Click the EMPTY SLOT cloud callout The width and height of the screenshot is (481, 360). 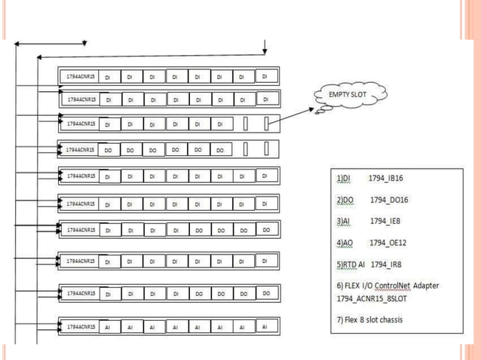coord(346,96)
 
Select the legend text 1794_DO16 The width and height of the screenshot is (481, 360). coord(389,200)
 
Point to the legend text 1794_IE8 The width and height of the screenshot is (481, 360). coord(387,221)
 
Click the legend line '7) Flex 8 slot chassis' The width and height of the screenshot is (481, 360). coord(369,319)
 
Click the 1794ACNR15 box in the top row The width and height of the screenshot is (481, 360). coord(78,76)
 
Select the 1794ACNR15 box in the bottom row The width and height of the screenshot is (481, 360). coord(80,327)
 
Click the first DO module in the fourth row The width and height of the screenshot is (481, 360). coord(108,150)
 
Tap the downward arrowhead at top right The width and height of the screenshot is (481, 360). coord(265,51)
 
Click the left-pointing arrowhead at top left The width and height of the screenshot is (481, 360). coord(20,44)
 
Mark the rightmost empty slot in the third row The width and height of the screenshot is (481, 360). coord(267,122)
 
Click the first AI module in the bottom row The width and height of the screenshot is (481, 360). coord(108,328)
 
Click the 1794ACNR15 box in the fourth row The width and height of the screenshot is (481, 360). coord(80,150)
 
